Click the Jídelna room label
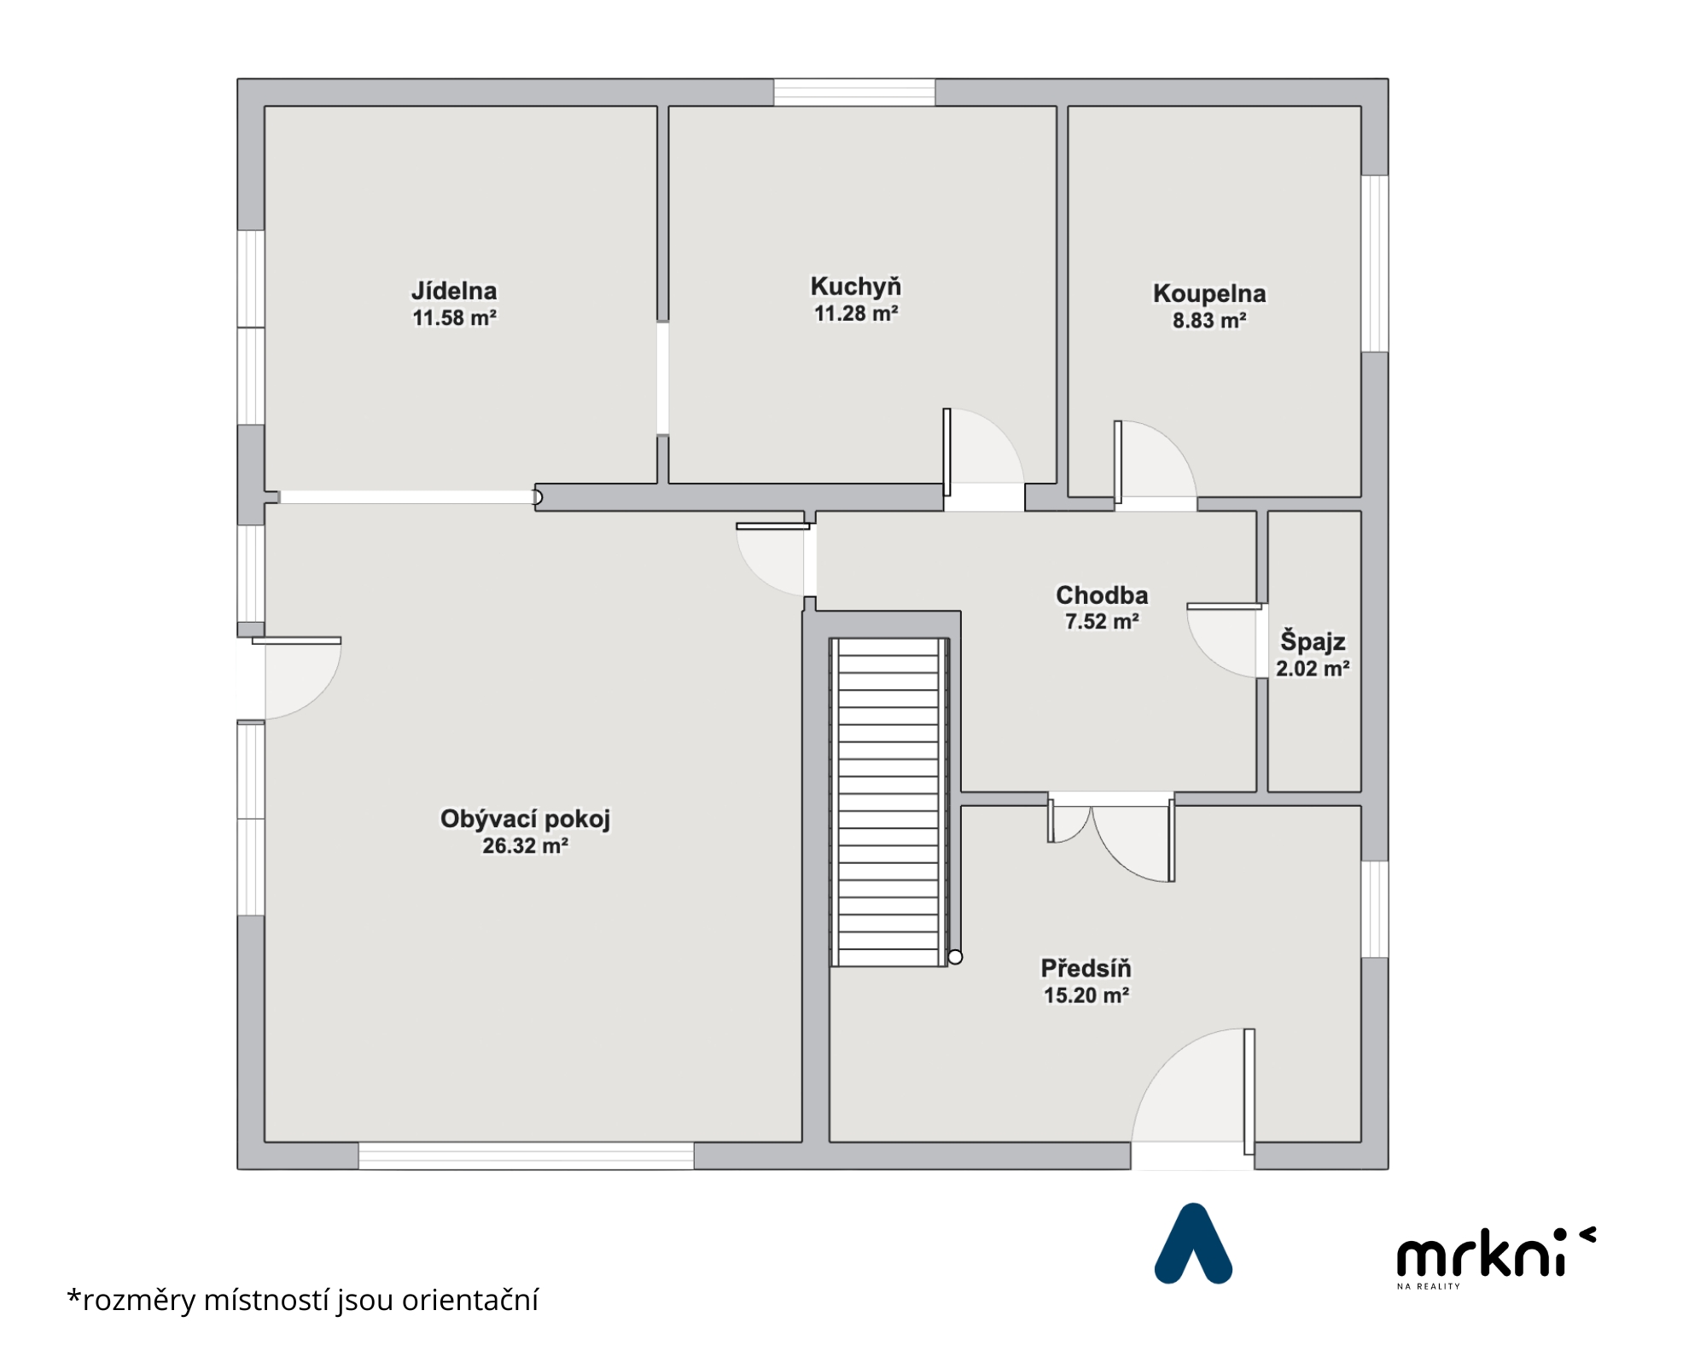click(x=454, y=291)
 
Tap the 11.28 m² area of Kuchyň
click(x=856, y=314)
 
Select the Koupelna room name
click(x=1209, y=293)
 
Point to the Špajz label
click(x=1313, y=641)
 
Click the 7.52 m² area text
click(x=1102, y=622)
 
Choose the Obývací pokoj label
click(x=525, y=819)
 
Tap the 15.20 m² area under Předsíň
click(x=1086, y=995)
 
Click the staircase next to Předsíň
click(x=889, y=802)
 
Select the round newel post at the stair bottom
click(x=955, y=957)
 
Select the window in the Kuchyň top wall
click(x=854, y=92)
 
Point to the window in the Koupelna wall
click(x=1374, y=264)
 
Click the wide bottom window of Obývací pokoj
click(x=526, y=1156)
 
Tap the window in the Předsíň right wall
click(x=1374, y=909)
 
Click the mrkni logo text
click(x=1496, y=1253)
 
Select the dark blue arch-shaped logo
click(x=1193, y=1244)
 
